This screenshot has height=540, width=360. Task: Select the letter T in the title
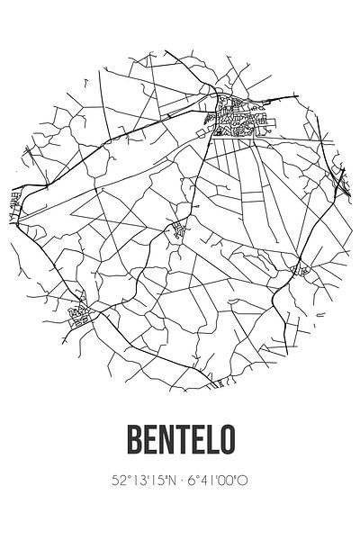[x=179, y=441]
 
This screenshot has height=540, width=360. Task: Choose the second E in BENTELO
[x=197, y=441]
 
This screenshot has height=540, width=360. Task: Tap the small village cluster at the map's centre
[x=179, y=229]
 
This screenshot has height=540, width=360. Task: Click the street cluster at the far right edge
[x=342, y=180]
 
